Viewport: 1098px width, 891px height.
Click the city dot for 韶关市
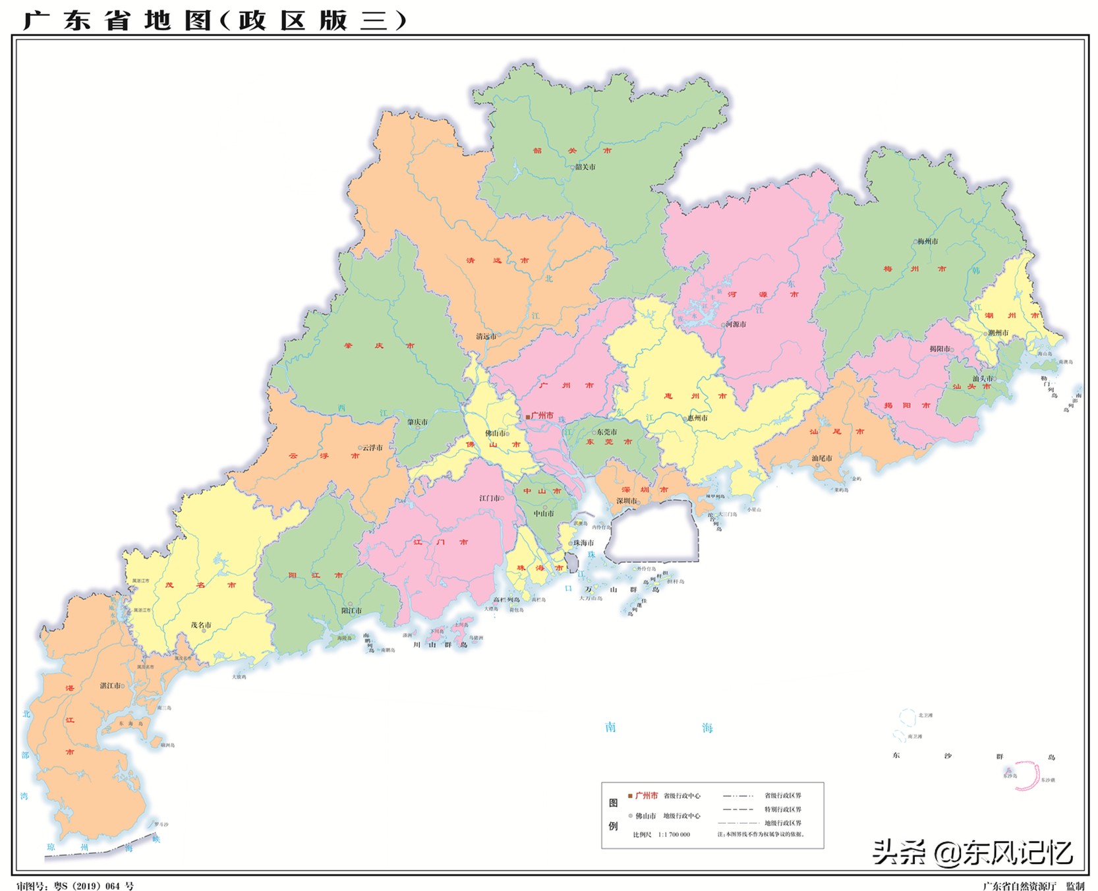tap(573, 167)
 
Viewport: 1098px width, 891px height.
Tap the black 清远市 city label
tap(486, 336)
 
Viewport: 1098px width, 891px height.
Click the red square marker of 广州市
tap(528, 417)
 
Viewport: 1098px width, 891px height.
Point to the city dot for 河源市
tap(723, 324)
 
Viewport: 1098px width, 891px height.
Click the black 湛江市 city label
tap(109, 685)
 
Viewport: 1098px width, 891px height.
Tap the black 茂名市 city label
tap(200, 625)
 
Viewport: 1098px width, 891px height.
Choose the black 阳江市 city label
tap(351, 610)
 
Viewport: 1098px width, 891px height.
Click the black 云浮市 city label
tap(372, 447)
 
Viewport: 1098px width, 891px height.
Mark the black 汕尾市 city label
tap(821, 458)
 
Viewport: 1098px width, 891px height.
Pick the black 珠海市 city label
tap(583, 543)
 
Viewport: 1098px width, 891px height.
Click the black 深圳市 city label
tap(626, 501)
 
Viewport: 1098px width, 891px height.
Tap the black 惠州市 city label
tap(697, 418)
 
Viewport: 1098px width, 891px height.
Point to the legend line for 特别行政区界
tap(737, 809)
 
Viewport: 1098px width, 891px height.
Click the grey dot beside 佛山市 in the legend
tap(630, 816)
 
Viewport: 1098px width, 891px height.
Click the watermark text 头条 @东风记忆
tap(971, 853)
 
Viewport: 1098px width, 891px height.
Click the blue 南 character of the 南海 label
tap(610, 727)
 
